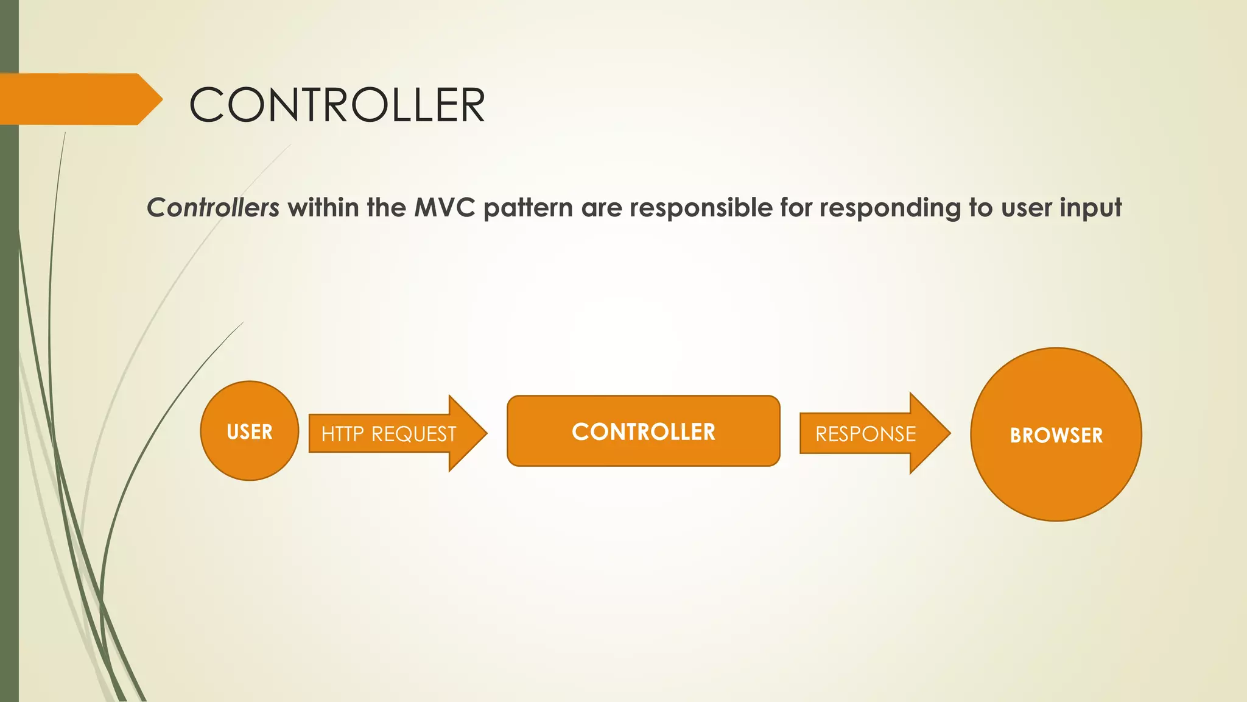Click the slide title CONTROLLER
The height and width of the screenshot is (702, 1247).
pyautogui.click(x=337, y=105)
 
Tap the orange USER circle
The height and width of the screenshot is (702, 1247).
pyautogui.click(x=250, y=431)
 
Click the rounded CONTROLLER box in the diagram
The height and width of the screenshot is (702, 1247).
pyautogui.click(x=644, y=431)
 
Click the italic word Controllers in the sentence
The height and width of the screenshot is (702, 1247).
pyautogui.click(x=213, y=208)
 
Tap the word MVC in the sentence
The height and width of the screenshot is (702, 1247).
pyautogui.click(x=444, y=208)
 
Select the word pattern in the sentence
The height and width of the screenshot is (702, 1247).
pyautogui.click(x=528, y=208)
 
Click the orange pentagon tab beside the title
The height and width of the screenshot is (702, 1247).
pyautogui.click(x=76, y=99)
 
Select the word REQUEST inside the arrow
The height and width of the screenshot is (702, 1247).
pyautogui.click(x=413, y=434)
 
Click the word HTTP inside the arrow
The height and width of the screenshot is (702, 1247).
pyautogui.click(x=342, y=434)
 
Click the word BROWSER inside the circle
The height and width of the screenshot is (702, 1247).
pyautogui.click(x=1056, y=435)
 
